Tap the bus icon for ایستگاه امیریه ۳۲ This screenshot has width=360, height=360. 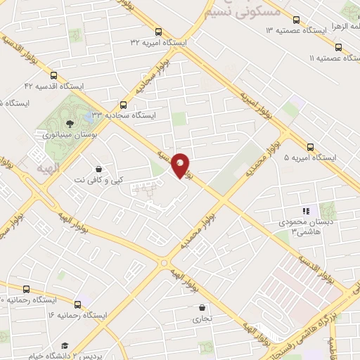pyautogui.click(x=159, y=32)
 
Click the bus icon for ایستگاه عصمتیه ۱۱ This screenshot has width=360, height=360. pyautogui.click(x=339, y=48)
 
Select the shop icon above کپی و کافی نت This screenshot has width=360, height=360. pyautogui.click(x=98, y=169)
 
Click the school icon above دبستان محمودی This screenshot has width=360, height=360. pyautogui.click(x=304, y=210)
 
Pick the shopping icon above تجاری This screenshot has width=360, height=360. pyautogui.click(x=202, y=307)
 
